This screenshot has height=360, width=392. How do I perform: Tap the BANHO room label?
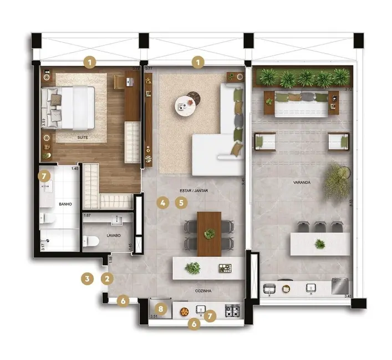pos(64,204)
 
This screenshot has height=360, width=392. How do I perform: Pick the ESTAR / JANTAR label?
pos(192,191)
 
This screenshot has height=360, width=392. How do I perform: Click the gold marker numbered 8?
pos(160,308)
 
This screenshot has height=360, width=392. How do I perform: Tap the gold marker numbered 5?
pos(180,203)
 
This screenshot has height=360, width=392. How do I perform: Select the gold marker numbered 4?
pos(162,203)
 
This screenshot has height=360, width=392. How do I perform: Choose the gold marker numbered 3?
pos(86,278)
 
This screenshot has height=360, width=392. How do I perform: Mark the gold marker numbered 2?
pos(107,279)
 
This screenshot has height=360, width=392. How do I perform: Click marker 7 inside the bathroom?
pos(44,177)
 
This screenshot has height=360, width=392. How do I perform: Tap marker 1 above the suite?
pos(90,62)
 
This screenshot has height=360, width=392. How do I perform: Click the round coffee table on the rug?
pos(185,105)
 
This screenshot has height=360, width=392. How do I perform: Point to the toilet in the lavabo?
pos(90,241)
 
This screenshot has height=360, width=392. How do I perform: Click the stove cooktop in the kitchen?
pos(232,311)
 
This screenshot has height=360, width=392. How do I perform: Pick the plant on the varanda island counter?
pos(320,244)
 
